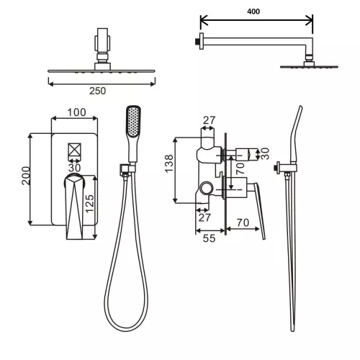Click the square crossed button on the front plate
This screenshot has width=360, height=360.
tap(75, 152)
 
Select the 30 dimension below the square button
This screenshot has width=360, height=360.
tap(75, 168)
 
